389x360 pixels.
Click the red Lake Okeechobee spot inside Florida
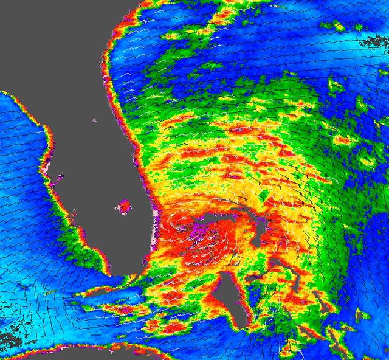tap(123, 208)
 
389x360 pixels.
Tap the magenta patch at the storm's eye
tap(200, 230)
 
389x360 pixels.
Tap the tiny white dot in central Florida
tap(95, 119)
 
